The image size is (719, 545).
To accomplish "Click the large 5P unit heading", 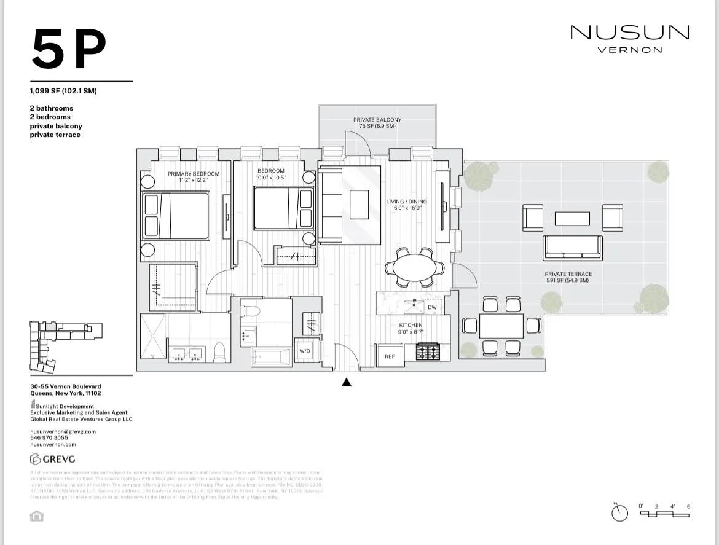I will pos(69,50).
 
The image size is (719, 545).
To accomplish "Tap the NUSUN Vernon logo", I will pos(630,38).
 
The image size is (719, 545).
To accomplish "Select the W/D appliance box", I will pos(305,351).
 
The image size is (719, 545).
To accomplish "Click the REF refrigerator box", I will pos(390,356).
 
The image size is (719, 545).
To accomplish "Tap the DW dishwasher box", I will pos(432,307).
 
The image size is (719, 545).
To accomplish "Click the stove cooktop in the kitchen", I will pos(428,351).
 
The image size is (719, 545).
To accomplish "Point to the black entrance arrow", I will pos(347,382).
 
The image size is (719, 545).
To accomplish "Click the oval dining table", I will pos(415,268).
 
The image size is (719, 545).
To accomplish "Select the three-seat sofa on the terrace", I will pos(572,248).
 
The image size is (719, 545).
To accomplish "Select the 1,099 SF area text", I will pos(63,92).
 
